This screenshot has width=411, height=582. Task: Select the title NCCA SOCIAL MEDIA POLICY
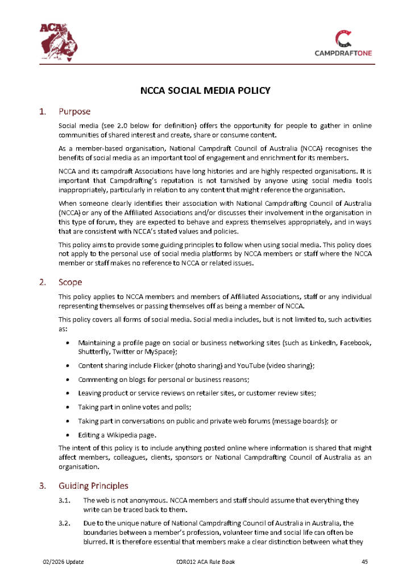tap(205, 90)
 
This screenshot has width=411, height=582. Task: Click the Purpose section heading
tap(74, 111)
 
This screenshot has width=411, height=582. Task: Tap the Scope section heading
tap(70, 282)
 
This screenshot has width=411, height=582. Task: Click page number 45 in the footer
tap(365, 562)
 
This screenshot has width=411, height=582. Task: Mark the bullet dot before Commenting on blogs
tap(68, 379)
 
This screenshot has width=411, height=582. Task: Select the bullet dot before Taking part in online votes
tap(68, 407)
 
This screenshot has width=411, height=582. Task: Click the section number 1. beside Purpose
tap(42, 111)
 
